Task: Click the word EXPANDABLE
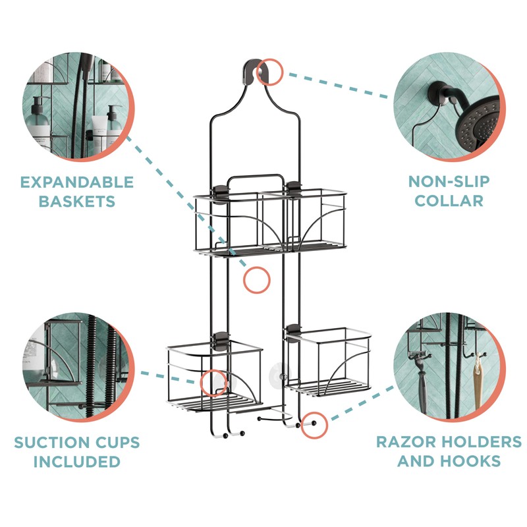pos(76,182)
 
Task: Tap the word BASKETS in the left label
pos(76,201)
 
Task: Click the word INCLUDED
pos(76,461)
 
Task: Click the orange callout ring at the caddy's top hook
pos(270,71)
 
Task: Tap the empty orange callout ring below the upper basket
pos(257,280)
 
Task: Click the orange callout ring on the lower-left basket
pos(213,383)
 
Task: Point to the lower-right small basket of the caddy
pos(329,362)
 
